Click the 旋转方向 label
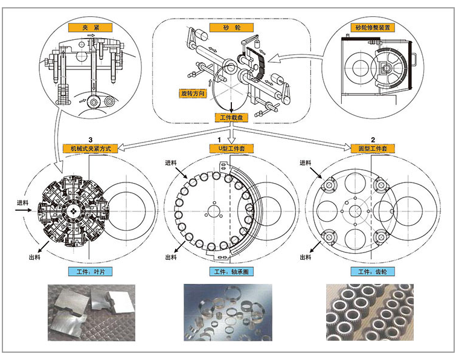click(193, 94)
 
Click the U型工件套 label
click(231, 148)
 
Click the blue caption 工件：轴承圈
click(231, 272)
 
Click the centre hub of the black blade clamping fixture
click(72, 210)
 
